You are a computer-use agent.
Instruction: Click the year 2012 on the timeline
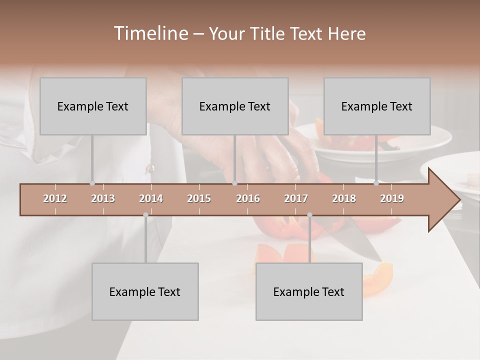tap(55, 198)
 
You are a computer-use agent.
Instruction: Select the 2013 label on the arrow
tap(103, 198)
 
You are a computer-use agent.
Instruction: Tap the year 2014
tap(151, 198)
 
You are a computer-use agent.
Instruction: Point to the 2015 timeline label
tap(199, 198)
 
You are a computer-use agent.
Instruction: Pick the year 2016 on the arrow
tap(248, 198)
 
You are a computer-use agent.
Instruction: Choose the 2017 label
tap(296, 198)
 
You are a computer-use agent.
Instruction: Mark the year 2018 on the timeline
tap(344, 198)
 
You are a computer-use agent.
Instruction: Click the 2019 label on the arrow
tap(392, 198)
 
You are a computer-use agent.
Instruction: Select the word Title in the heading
tap(268, 33)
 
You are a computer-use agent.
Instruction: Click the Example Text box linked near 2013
tap(93, 106)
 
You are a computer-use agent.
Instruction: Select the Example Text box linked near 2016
tap(235, 106)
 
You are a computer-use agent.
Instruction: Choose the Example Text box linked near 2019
tap(377, 106)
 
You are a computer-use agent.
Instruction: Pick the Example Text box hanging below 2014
tap(145, 291)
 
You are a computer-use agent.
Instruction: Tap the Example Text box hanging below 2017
tap(309, 291)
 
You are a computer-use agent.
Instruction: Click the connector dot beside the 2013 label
tap(92, 183)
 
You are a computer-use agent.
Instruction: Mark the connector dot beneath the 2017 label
tap(309, 215)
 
